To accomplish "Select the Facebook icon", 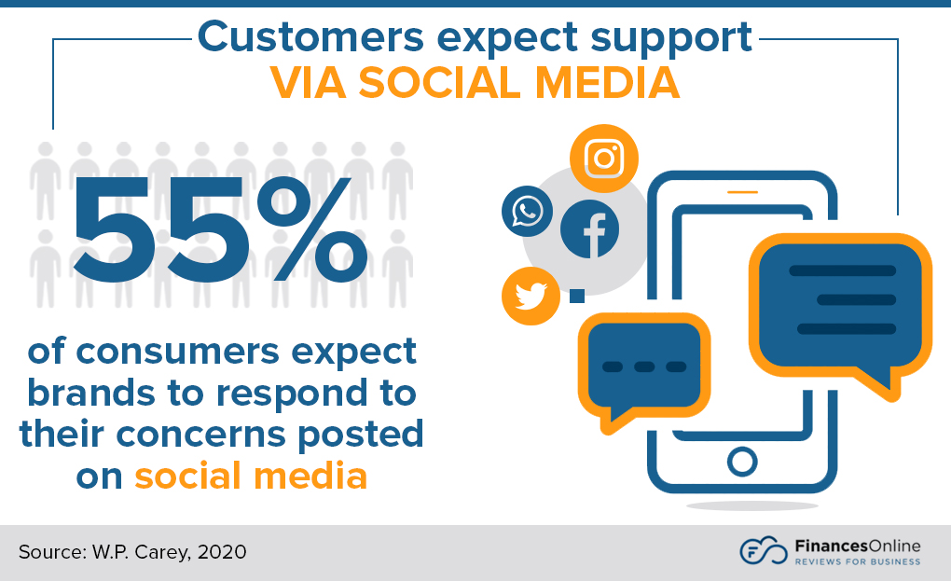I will (589, 229).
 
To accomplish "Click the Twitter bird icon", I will (530, 296).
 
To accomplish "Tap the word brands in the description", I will (90, 393).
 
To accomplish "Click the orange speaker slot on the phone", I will (742, 192).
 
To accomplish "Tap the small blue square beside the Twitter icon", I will (576, 296).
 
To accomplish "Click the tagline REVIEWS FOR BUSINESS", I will (857, 561).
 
